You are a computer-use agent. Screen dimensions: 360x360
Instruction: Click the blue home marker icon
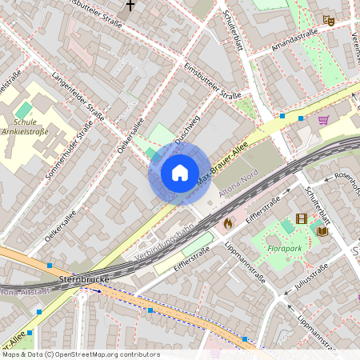click(x=179, y=173)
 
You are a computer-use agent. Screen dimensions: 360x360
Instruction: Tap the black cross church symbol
click(x=130, y=6)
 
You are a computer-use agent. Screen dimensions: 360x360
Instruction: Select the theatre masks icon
click(x=327, y=19)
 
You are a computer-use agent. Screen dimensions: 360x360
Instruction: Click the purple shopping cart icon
click(x=324, y=120)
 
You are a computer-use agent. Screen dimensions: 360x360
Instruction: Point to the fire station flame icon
click(x=227, y=222)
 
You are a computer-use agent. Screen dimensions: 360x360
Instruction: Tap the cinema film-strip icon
click(x=301, y=218)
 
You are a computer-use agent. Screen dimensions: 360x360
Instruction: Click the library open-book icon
click(x=322, y=231)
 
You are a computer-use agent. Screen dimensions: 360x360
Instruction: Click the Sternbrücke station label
click(x=84, y=280)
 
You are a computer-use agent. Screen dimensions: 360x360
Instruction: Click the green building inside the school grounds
click(x=24, y=109)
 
